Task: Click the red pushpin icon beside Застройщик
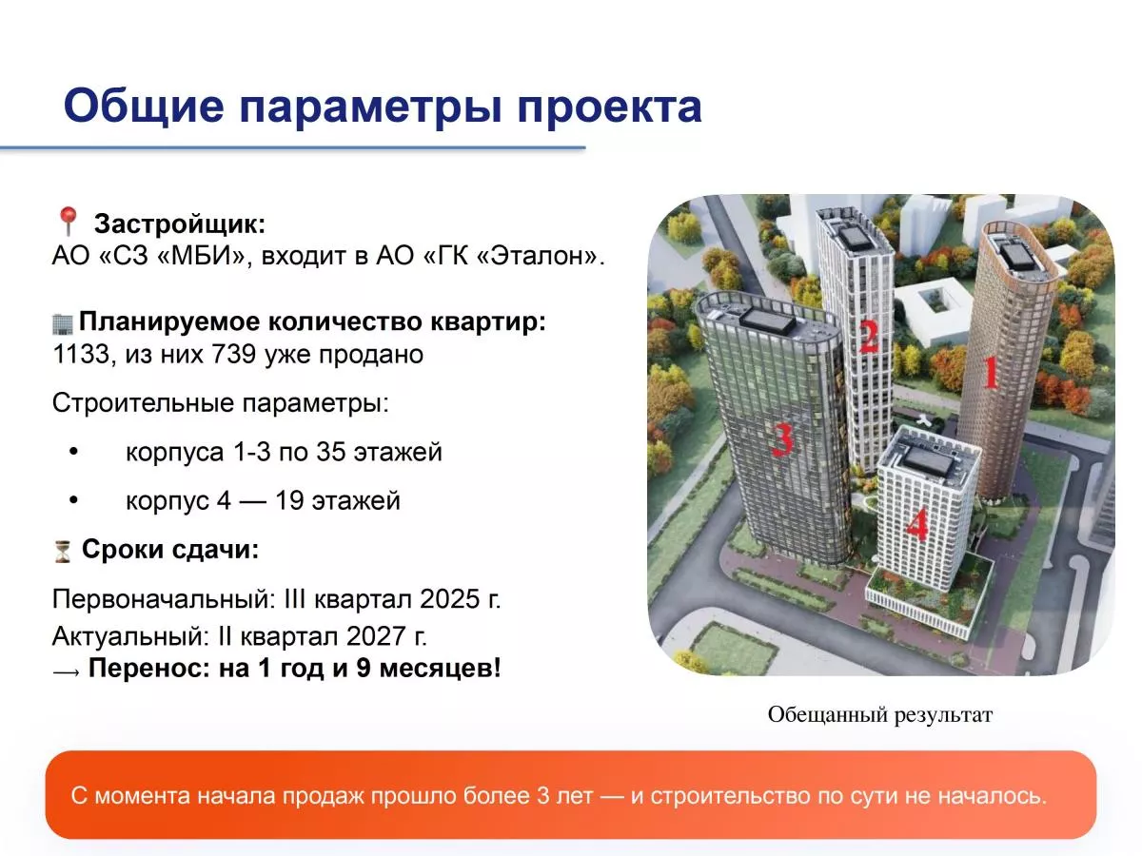click(69, 221)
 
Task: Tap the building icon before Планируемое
click(63, 322)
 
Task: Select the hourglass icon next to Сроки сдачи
click(63, 551)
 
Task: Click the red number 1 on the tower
click(991, 373)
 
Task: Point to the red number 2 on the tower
click(868, 337)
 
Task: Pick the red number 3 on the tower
click(782, 439)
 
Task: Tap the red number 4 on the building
click(917, 524)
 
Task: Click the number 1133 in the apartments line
click(80, 355)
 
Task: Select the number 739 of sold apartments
click(233, 355)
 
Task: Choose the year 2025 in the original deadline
click(450, 599)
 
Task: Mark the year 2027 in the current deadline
click(376, 636)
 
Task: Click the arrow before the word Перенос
click(67, 672)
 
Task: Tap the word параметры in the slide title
click(370, 108)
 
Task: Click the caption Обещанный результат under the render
click(880, 714)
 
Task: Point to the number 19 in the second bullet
click(289, 501)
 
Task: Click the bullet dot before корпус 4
click(73, 500)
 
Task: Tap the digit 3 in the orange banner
click(543, 796)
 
